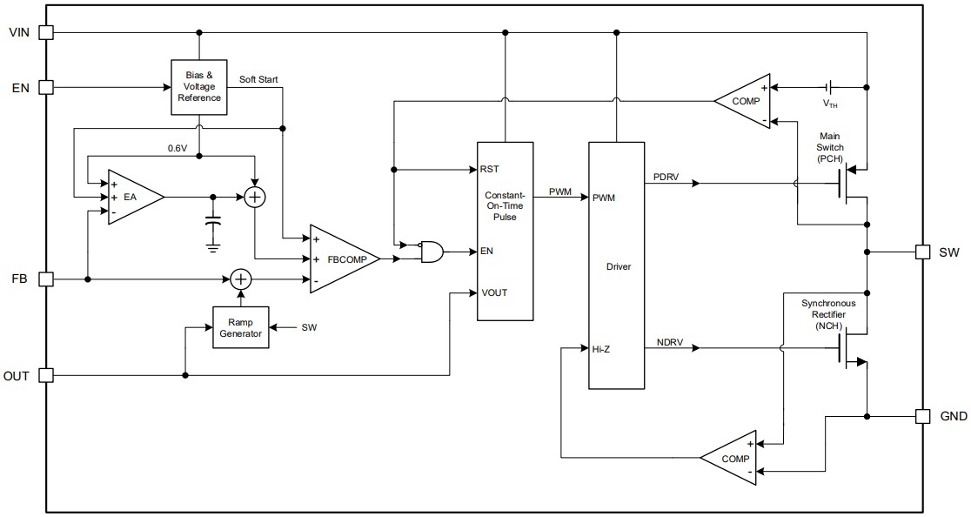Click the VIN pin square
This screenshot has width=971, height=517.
[x=46, y=32]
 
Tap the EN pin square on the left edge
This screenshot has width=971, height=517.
[x=46, y=87]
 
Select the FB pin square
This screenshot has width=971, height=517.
[x=46, y=279]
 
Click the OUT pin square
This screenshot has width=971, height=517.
[x=46, y=375]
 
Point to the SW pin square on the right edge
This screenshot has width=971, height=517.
[x=923, y=252]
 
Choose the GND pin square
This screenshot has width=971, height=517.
[x=923, y=416]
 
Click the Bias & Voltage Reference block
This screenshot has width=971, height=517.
[x=199, y=87]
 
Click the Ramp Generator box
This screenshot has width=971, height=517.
[x=240, y=327]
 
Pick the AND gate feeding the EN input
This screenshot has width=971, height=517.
[x=430, y=252]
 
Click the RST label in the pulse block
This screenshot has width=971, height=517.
[x=490, y=169]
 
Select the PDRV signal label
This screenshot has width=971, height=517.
[x=667, y=177]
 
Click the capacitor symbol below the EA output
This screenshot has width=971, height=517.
[x=212, y=222]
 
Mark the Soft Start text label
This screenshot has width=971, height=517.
[x=258, y=79]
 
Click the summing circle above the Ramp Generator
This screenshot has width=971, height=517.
[x=240, y=279]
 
